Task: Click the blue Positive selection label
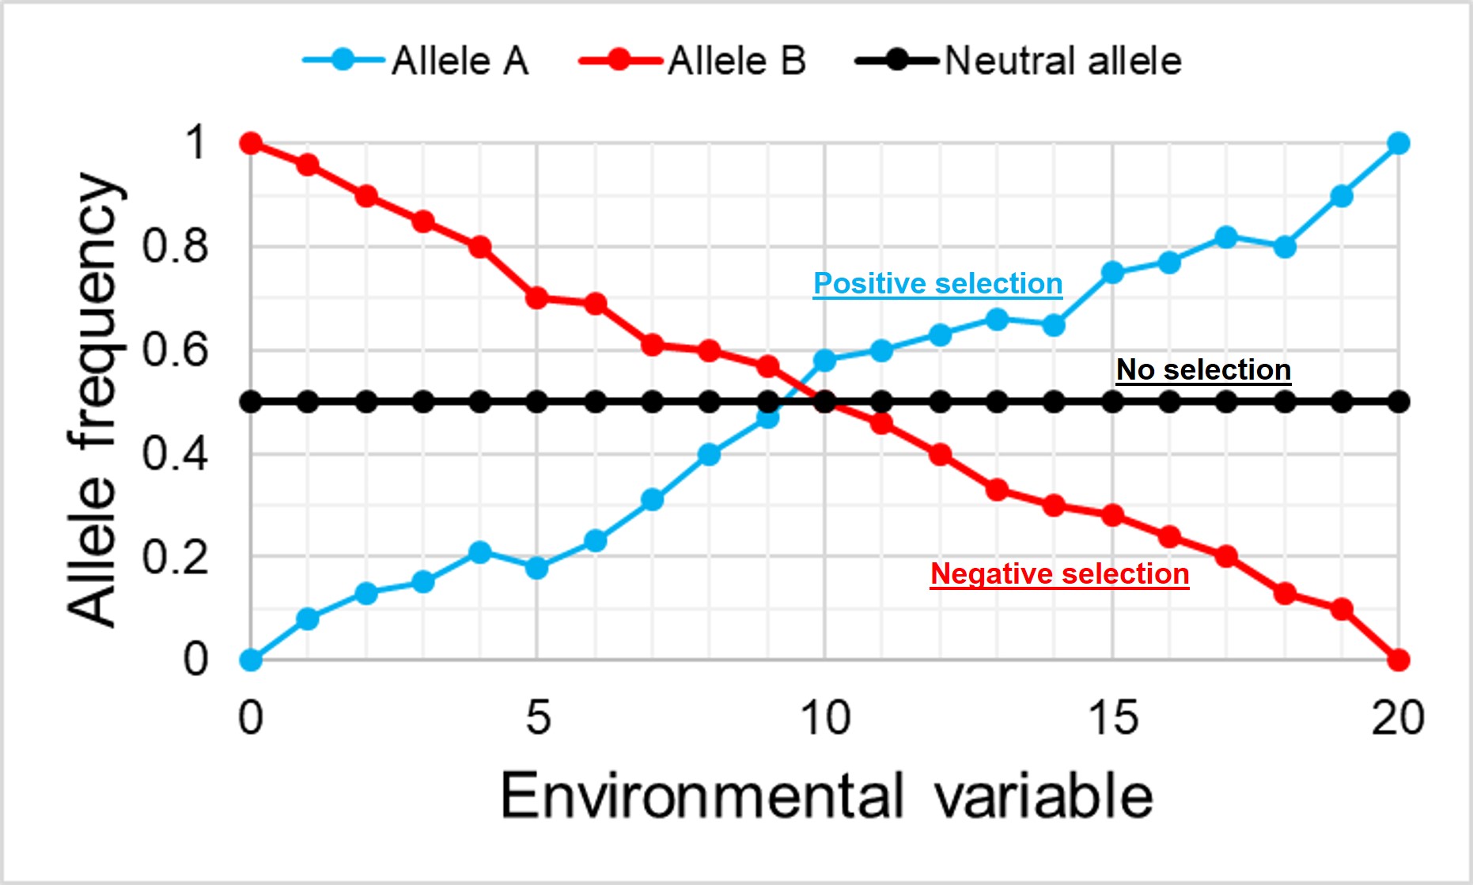(x=937, y=283)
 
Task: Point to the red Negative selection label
(x=1059, y=573)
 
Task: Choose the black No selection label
(x=1203, y=369)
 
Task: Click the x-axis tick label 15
(x=1112, y=718)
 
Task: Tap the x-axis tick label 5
(x=538, y=718)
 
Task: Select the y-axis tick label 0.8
(x=175, y=246)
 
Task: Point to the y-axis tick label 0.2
(x=175, y=557)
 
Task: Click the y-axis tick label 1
(x=195, y=143)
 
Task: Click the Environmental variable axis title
(x=826, y=796)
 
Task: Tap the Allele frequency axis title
(x=93, y=400)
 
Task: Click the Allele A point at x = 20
(x=1399, y=143)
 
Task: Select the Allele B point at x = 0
(x=251, y=143)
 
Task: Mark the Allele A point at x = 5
(x=537, y=567)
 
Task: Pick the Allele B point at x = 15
(x=1112, y=516)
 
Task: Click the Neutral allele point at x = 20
(x=1399, y=402)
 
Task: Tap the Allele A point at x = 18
(x=1285, y=247)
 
